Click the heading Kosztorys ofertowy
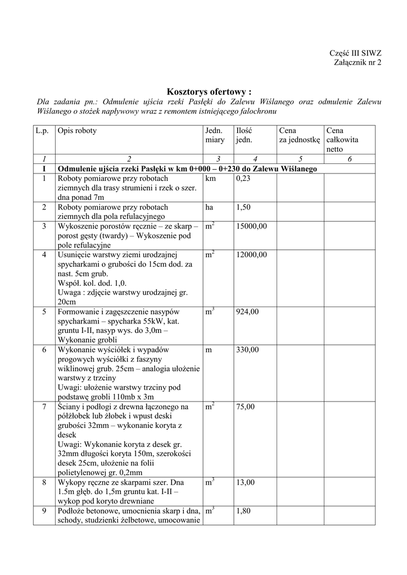(x=209, y=91)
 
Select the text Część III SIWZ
(x=355, y=53)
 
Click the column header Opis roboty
(x=77, y=131)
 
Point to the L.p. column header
(x=43, y=131)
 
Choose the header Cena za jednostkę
(x=299, y=135)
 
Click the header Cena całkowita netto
(x=343, y=140)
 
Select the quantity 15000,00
(x=252, y=226)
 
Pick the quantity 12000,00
(x=252, y=254)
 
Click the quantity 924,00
(x=247, y=312)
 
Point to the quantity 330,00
(x=247, y=350)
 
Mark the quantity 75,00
(x=245, y=407)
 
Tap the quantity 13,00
(x=245, y=482)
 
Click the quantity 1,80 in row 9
(x=243, y=511)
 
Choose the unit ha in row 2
(x=210, y=207)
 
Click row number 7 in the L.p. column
(x=43, y=407)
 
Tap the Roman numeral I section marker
(x=43, y=169)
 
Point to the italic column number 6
(x=350, y=159)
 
